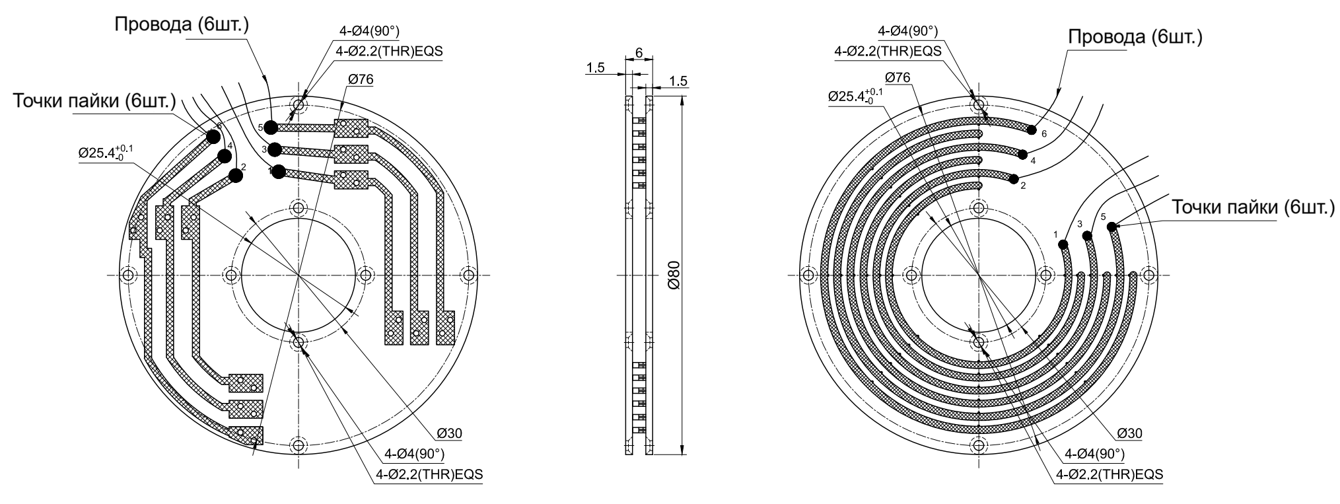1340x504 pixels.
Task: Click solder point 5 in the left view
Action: [x=271, y=127]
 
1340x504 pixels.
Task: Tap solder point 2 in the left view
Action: [x=235, y=175]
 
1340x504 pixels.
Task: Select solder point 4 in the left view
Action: [x=225, y=156]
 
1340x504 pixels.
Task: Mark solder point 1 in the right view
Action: [x=1063, y=245]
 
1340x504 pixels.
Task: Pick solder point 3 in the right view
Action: [x=1087, y=235]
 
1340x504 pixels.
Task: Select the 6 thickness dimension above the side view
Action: [x=639, y=52]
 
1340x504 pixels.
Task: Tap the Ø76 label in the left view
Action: [x=360, y=79]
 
